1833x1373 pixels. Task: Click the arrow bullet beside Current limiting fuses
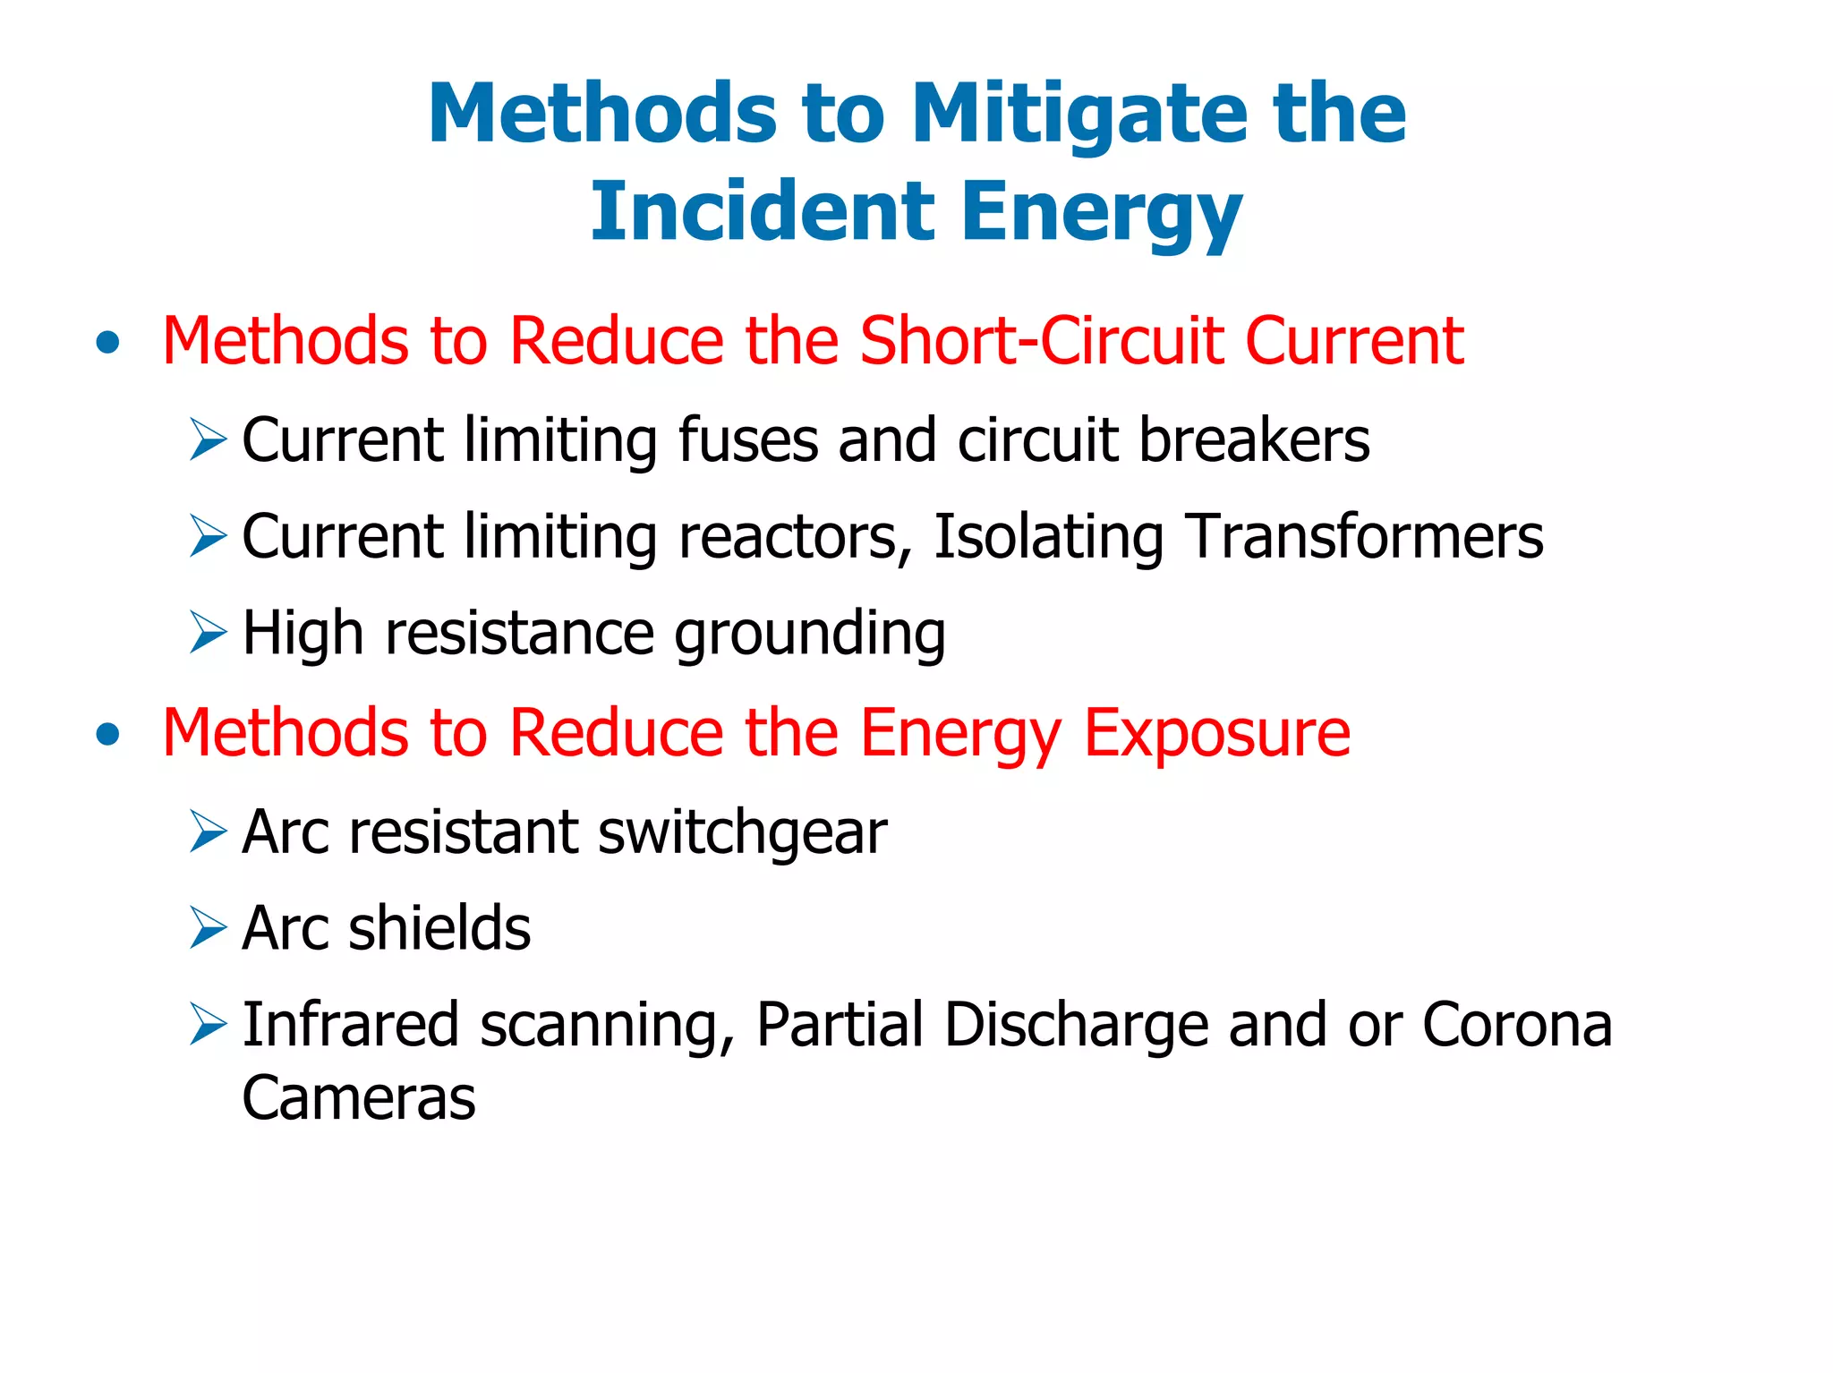click(x=209, y=439)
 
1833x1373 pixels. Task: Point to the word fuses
click(x=748, y=440)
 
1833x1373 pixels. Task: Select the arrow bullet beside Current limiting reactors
click(x=209, y=536)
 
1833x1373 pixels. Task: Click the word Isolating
click(x=1048, y=537)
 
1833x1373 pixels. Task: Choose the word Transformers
click(x=1366, y=536)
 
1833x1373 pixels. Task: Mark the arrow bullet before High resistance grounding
click(x=209, y=633)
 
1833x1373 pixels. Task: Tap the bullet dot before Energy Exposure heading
click(x=108, y=734)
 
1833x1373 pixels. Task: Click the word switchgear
click(x=742, y=833)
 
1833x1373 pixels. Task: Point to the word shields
click(x=439, y=928)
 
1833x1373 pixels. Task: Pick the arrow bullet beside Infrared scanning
click(x=209, y=1025)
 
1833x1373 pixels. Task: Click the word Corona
click(x=1517, y=1025)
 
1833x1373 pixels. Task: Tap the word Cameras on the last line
click(x=359, y=1098)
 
